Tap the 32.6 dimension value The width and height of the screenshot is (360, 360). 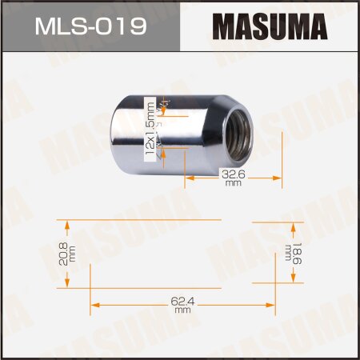pos(233,172)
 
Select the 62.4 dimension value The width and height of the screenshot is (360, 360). pos(182,302)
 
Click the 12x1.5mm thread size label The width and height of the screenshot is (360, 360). pos(148,131)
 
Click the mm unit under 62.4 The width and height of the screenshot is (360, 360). pos(182,310)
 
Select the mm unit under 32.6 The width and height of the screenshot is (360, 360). pos(233,182)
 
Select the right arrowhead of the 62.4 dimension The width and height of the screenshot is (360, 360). pos(270,303)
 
